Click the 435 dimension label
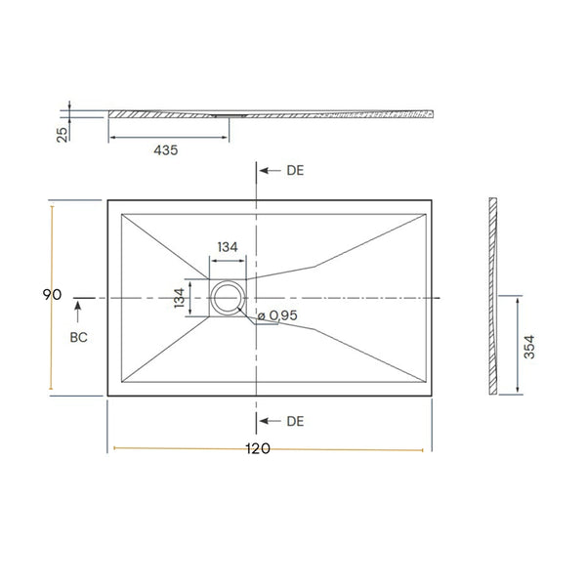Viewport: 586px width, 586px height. [x=166, y=150]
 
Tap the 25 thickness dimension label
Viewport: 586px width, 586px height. [x=63, y=135]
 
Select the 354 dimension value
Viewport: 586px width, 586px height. [x=529, y=347]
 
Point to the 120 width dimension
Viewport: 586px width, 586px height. [x=258, y=448]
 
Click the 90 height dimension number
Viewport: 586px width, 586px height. [x=52, y=295]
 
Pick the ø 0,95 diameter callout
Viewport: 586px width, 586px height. [x=277, y=315]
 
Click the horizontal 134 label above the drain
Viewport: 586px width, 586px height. [x=228, y=247]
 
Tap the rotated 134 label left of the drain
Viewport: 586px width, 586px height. [x=180, y=298]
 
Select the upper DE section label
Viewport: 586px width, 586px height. [x=295, y=170]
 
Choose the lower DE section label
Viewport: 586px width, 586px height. [x=295, y=421]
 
